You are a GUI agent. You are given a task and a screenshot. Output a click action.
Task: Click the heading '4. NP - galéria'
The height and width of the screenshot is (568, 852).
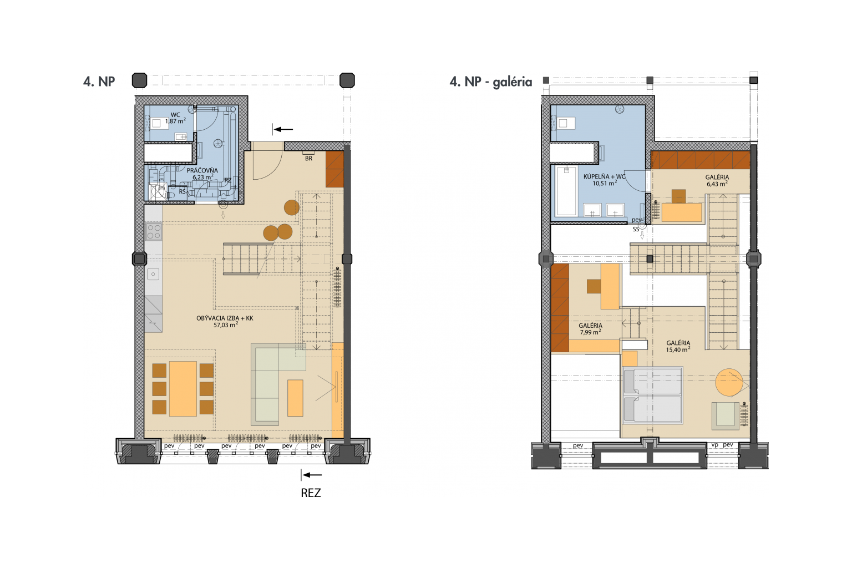tap(491, 82)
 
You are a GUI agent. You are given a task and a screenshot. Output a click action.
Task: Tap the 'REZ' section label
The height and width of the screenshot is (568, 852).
tap(311, 493)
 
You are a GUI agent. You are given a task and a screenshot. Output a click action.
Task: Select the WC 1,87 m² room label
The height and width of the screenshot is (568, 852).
tap(175, 118)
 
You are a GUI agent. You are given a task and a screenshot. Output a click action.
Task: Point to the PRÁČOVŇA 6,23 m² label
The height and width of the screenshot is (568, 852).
tap(202, 174)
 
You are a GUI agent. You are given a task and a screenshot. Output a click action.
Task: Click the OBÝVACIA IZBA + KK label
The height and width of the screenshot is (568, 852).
tap(225, 322)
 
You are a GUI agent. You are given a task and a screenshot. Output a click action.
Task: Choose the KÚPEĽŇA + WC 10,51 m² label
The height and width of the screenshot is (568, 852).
tap(605, 180)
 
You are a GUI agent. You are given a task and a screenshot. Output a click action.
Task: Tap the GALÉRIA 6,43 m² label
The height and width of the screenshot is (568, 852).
tap(717, 180)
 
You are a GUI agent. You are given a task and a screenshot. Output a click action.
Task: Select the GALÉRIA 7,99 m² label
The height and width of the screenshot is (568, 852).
tap(590, 329)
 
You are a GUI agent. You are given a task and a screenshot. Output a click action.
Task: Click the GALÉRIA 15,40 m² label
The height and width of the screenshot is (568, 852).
tap(678, 346)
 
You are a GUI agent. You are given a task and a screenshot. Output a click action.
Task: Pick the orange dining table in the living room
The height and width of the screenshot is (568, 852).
tap(183, 388)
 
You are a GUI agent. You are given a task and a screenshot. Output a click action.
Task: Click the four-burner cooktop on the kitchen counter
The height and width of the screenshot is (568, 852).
tap(154, 232)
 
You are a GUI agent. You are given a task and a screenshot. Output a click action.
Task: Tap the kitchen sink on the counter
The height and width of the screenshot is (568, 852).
tap(153, 274)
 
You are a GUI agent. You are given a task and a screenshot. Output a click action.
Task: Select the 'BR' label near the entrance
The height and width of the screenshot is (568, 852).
tap(308, 159)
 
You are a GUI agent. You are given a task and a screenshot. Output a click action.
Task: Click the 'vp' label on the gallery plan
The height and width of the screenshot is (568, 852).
tap(714, 445)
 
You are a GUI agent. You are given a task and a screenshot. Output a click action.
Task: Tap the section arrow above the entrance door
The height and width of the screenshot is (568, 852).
tap(284, 129)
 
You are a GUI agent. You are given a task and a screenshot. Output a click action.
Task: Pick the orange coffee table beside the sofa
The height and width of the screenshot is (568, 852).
tap(295, 398)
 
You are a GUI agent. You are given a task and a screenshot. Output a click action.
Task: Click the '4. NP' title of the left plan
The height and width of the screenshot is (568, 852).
tap(99, 82)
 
